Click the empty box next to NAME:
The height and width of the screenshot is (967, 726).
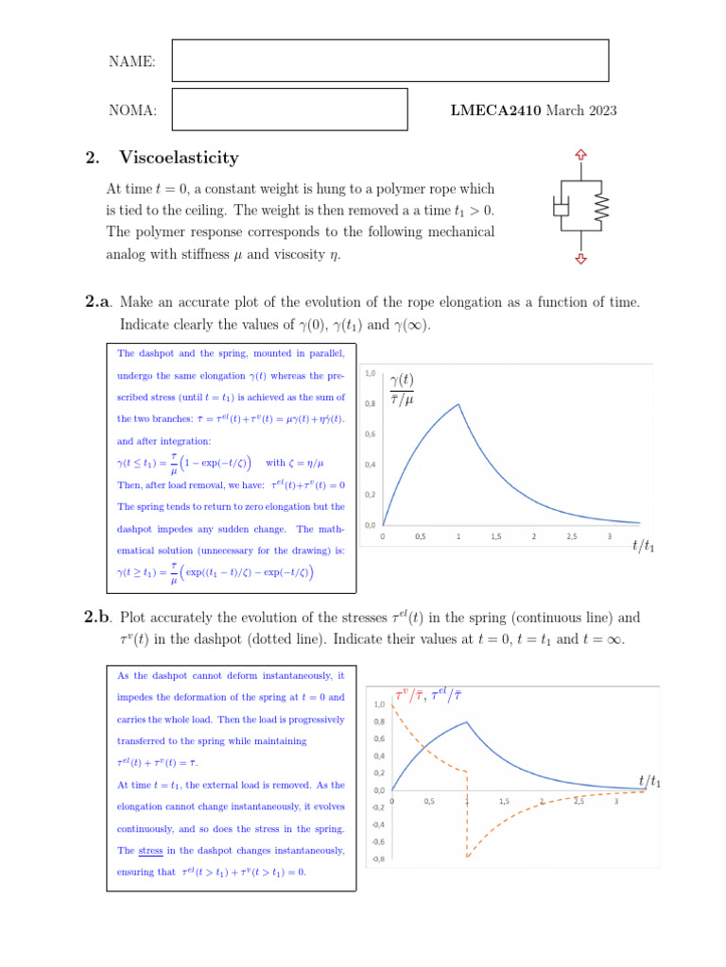(389, 61)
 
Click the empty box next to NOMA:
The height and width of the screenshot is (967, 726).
(289, 110)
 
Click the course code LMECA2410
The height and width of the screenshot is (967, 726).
(495, 110)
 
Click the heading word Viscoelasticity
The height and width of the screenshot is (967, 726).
(179, 158)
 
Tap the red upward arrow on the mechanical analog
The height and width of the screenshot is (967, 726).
(580, 155)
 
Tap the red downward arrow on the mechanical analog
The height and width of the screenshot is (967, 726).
(580, 258)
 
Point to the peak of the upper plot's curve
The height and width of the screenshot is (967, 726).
(458, 404)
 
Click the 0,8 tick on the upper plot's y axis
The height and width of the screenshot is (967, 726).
(370, 403)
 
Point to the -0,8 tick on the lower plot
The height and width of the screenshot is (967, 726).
(376, 858)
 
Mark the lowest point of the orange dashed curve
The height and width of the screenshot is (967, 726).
(468, 857)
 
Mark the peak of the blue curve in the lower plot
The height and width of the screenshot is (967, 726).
(467, 722)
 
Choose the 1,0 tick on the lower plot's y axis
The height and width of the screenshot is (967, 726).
(378, 704)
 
